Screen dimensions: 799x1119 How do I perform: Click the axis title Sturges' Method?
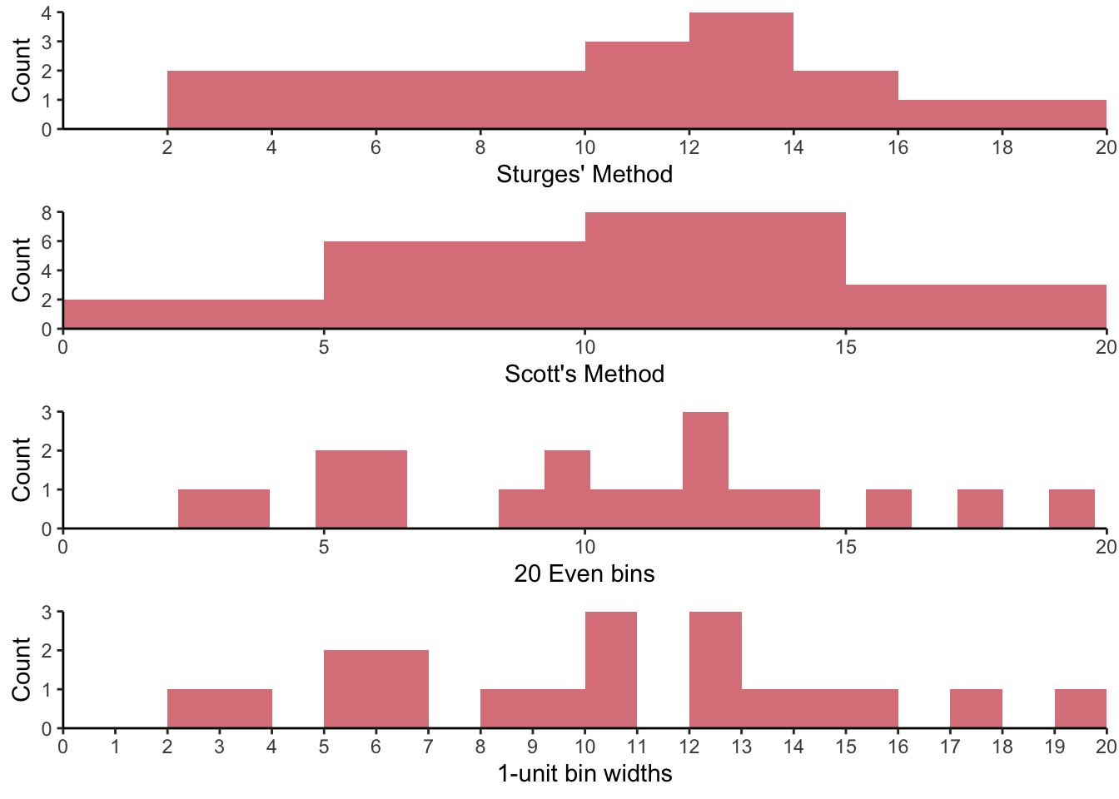tap(584, 175)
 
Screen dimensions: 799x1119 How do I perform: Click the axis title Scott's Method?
tap(584, 375)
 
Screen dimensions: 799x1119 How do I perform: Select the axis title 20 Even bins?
tap(584, 574)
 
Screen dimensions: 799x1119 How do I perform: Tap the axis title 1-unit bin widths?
tap(584, 774)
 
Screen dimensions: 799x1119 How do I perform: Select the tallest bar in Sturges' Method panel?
tap(741, 71)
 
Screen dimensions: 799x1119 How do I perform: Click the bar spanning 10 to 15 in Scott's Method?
tap(715, 270)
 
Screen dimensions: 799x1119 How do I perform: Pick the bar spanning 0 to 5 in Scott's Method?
tap(193, 314)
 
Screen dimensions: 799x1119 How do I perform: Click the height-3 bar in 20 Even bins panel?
tap(705, 470)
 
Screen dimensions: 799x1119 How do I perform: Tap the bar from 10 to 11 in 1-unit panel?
tap(611, 670)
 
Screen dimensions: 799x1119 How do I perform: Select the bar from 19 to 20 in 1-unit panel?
tap(1080, 708)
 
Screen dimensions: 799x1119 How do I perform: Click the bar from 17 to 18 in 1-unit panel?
tap(976, 708)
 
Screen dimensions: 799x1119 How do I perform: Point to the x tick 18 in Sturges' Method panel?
tap(1002, 147)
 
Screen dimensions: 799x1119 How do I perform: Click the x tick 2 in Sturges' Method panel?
tap(167, 147)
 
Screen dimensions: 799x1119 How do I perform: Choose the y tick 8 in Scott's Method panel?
tap(47, 213)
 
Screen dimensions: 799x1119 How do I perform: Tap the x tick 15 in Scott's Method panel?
tap(846, 347)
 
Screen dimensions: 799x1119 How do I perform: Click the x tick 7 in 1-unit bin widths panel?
tap(428, 747)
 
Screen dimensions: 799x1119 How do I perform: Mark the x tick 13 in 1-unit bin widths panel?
tap(741, 747)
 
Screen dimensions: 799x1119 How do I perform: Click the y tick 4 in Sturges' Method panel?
tap(47, 13)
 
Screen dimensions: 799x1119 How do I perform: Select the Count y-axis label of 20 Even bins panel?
tap(21, 470)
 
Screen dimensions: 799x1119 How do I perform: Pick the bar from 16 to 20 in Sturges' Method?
tap(1002, 114)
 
